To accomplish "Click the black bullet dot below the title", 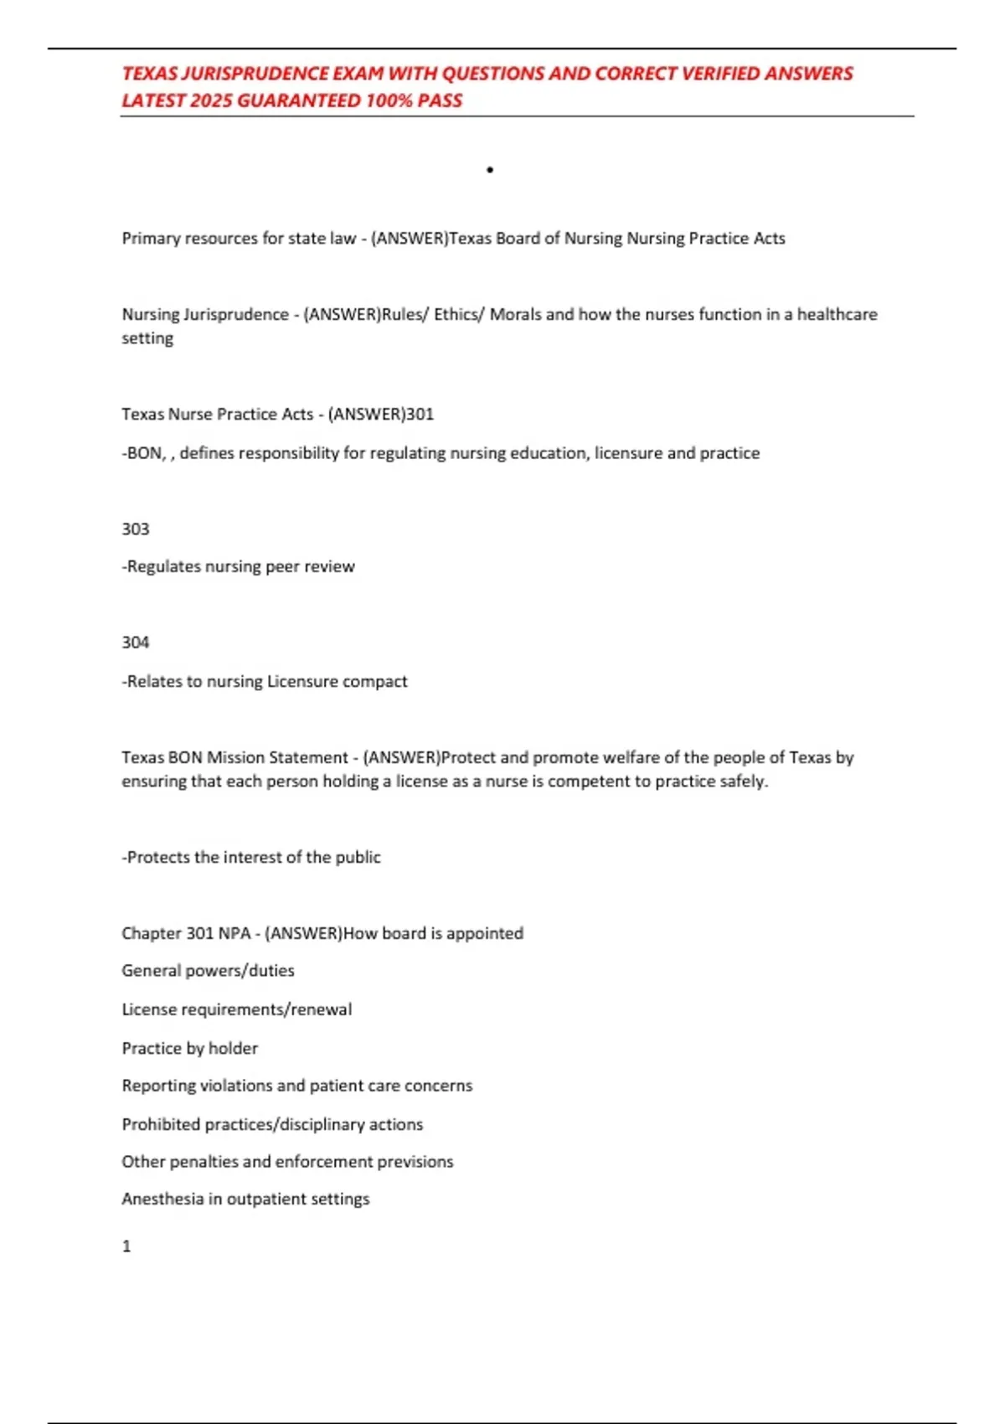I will (x=490, y=170).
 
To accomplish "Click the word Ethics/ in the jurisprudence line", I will (x=459, y=315).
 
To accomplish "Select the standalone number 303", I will (x=136, y=529).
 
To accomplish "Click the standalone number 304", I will (x=136, y=642).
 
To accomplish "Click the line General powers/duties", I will (x=208, y=971).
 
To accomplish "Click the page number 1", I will (x=126, y=1246).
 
